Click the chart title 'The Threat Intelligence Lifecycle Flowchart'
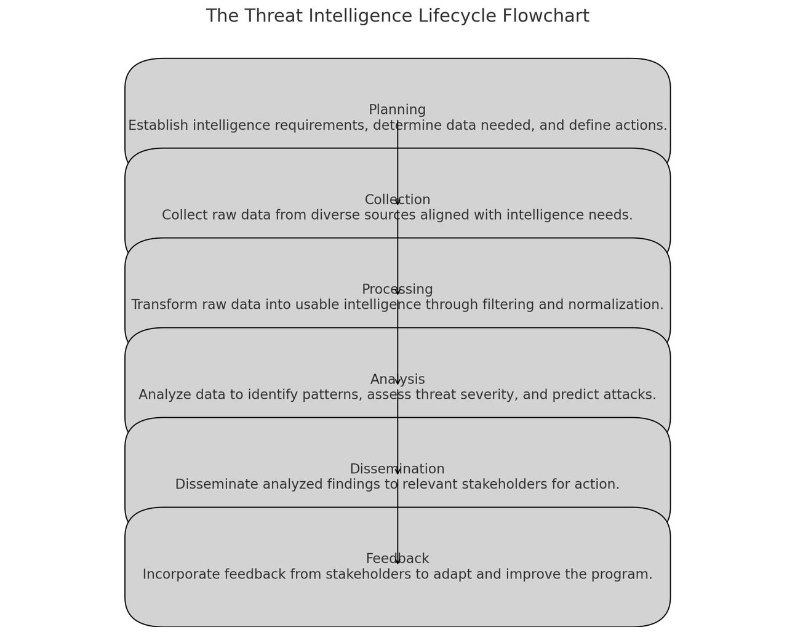click(x=397, y=16)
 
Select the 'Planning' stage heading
click(x=397, y=110)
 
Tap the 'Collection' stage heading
click(x=397, y=200)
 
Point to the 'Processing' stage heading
click(x=397, y=289)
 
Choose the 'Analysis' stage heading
click(x=397, y=380)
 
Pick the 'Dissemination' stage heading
click(x=397, y=469)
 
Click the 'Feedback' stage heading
click(x=397, y=559)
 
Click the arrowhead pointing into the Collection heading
click(x=397, y=202)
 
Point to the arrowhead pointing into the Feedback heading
click(x=397, y=561)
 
